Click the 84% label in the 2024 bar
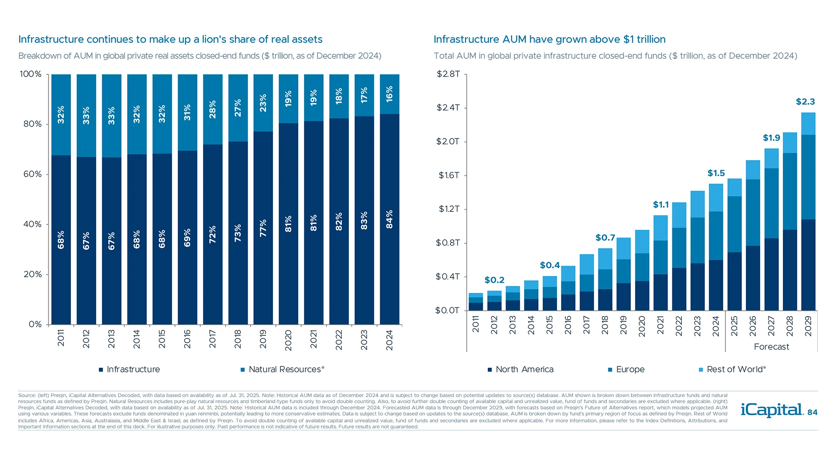(390, 219)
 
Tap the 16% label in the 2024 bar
(390, 94)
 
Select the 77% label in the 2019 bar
(263, 228)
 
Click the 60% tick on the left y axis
(33, 174)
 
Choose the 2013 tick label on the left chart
(111, 339)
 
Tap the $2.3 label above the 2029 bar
(805, 102)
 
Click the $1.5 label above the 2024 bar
(716, 173)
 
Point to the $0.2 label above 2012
(494, 280)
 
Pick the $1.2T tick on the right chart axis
(449, 209)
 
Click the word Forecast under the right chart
(771, 347)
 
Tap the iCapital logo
(771, 410)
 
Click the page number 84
(812, 413)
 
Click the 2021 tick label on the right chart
(661, 325)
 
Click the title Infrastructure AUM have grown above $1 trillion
(549, 39)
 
